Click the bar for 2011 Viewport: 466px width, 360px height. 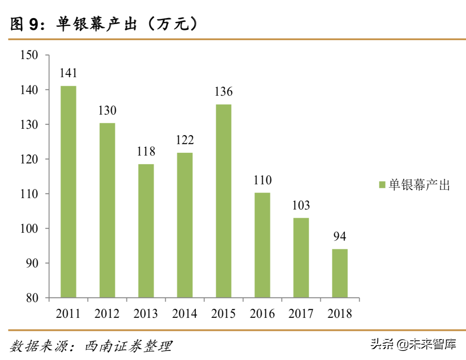(x=68, y=191)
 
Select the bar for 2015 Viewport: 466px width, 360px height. (x=224, y=201)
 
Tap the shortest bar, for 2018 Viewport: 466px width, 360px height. (x=339, y=273)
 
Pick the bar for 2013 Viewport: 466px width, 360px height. (x=146, y=230)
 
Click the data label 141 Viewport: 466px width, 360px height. (x=68, y=73)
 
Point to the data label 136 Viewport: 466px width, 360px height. (x=224, y=92)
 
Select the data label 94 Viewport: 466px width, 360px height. (x=339, y=237)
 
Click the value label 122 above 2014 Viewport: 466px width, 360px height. (x=185, y=140)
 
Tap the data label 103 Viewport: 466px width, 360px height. (x=301, y=205)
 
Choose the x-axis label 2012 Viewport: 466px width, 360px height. (x=107, y=314)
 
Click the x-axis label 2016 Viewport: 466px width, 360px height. (x=262, y=314)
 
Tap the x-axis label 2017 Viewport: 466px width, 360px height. (x=301, y=314)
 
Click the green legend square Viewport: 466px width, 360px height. (x=382, y=185)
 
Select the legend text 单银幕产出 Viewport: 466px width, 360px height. (x=419, y=185)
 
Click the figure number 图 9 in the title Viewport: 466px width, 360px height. (x=24, y=24)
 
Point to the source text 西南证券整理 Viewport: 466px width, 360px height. (x=129, y=346)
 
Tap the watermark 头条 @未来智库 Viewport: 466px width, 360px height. (x=413, y=344)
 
